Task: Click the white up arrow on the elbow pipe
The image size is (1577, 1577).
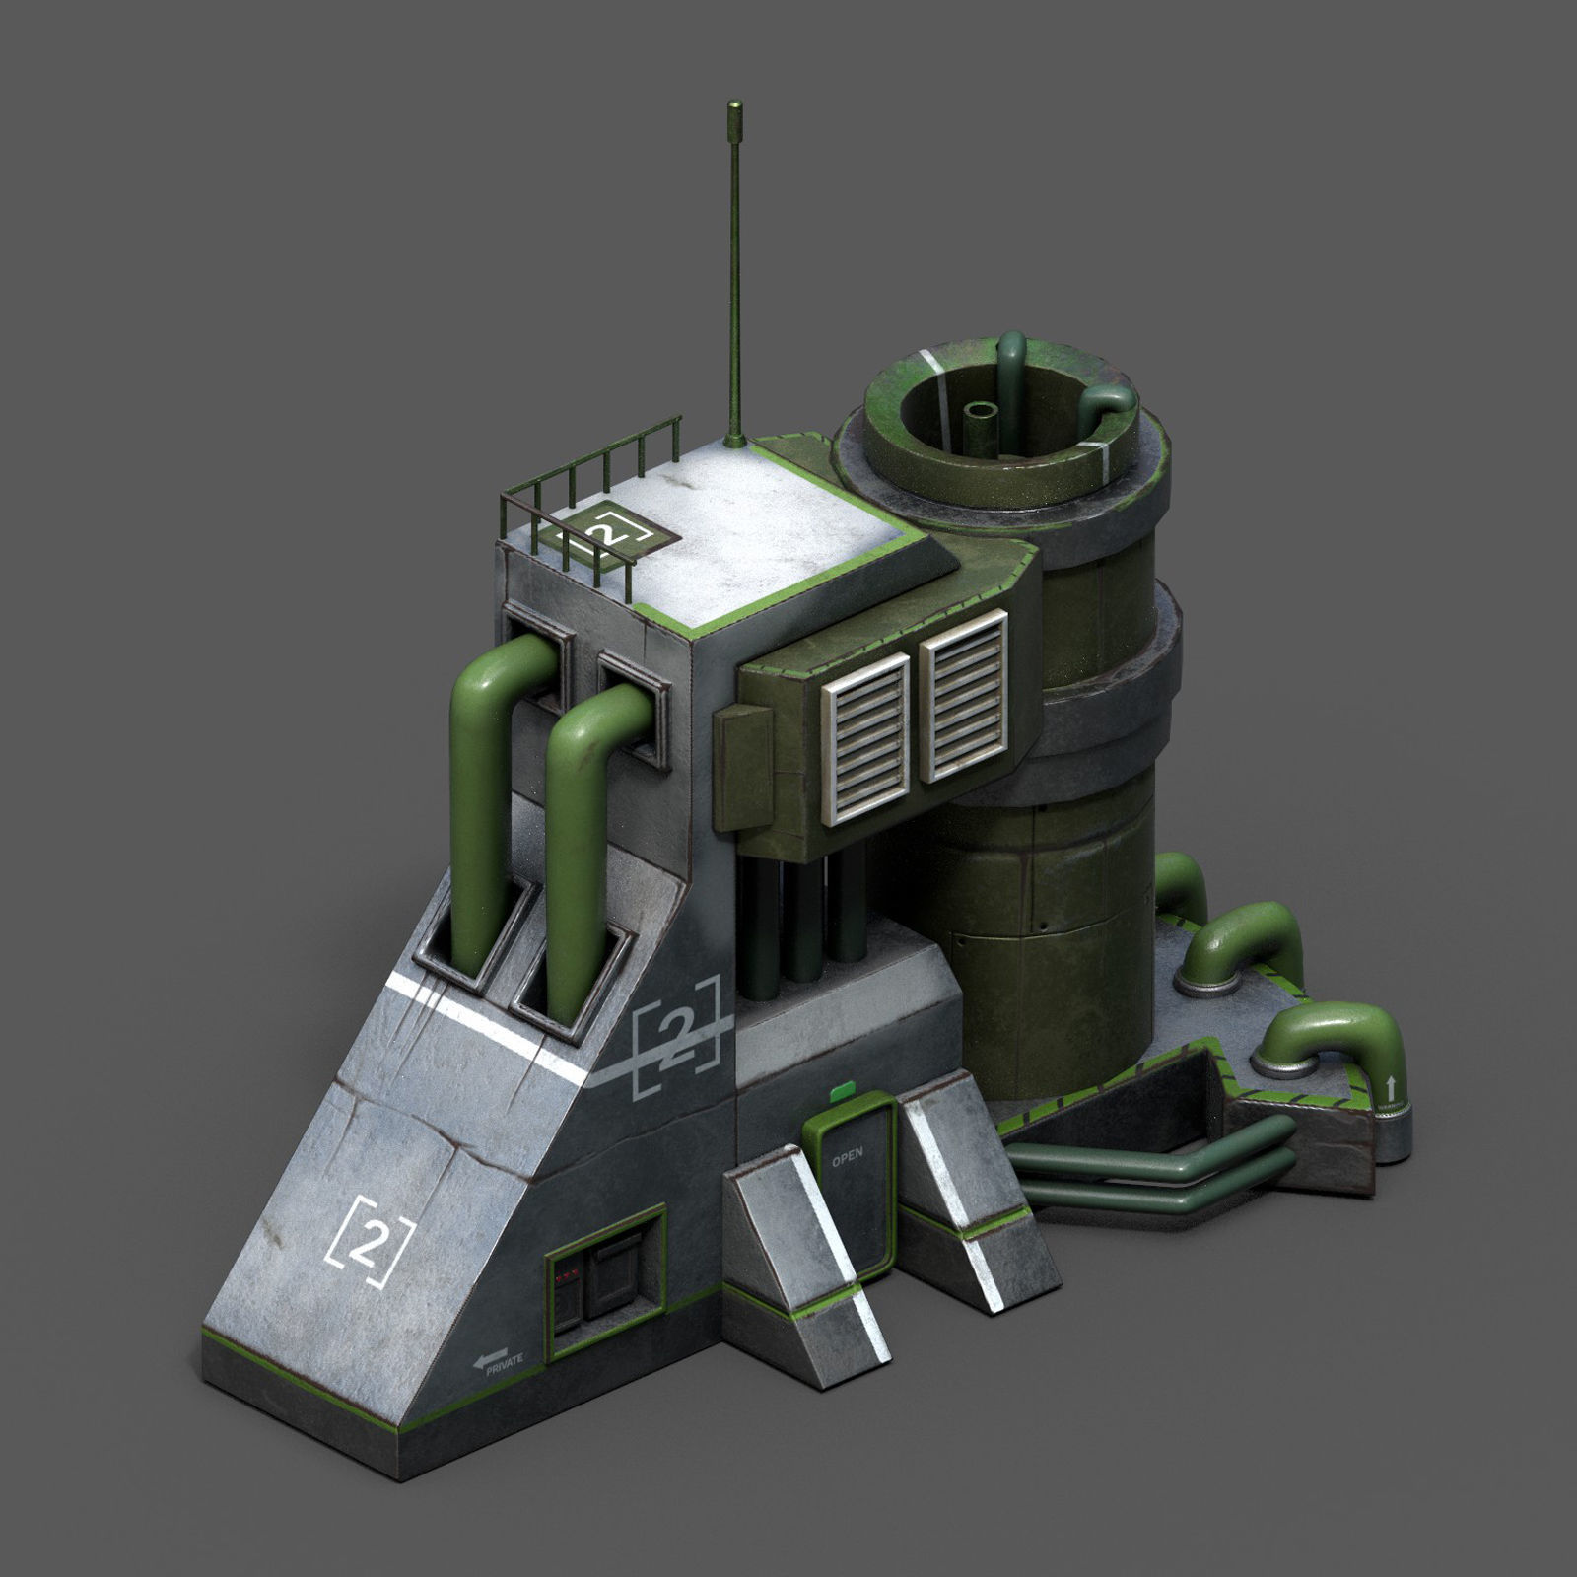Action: coord(1391,1087)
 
